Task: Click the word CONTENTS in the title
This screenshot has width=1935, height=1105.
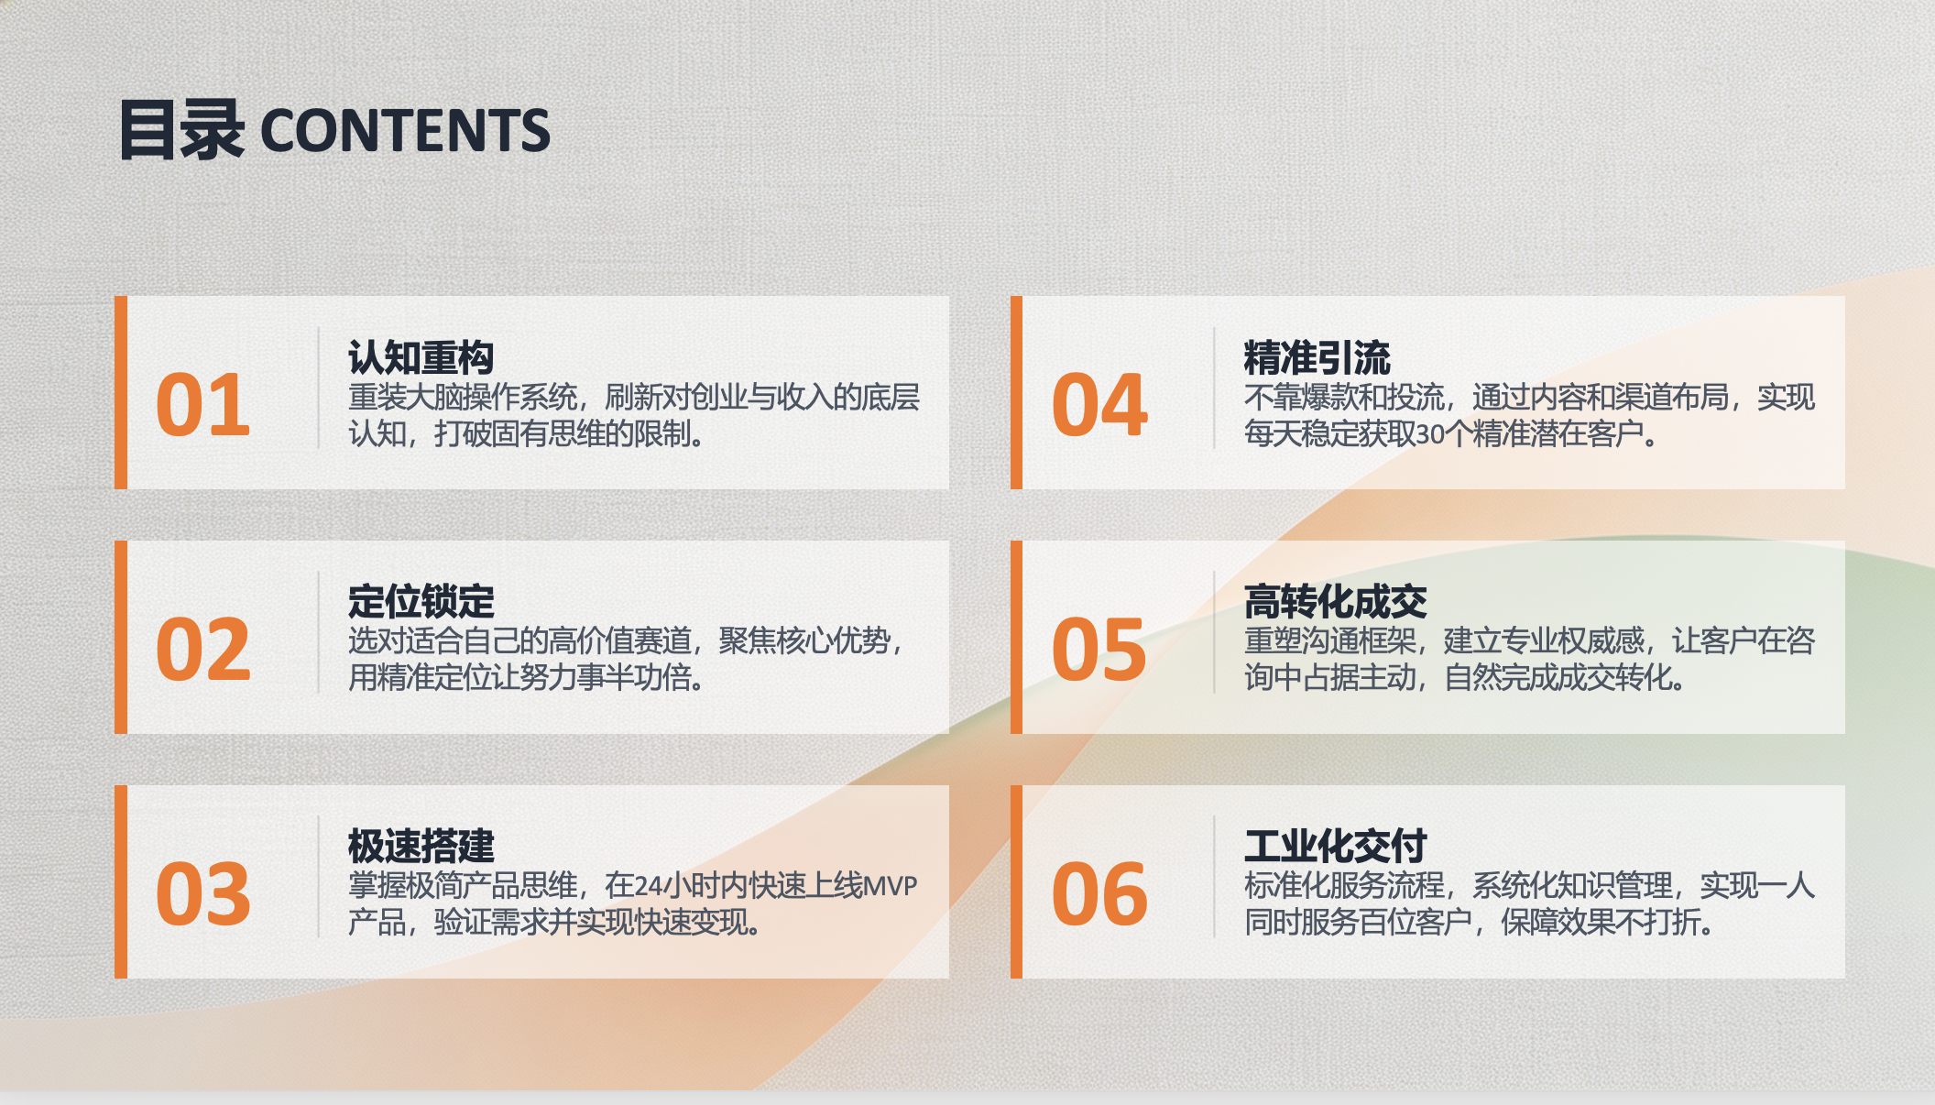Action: pos(405,130)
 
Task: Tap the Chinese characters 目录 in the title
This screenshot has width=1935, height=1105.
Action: pos(181,130)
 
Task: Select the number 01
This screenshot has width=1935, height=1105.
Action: pos(202,405)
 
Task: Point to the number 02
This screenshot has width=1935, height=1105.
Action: pos(202,649)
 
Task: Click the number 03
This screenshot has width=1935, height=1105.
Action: pos(202,893)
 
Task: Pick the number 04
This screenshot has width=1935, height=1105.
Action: pos(1099,405)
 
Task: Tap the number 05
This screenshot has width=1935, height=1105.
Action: pos(1099,649)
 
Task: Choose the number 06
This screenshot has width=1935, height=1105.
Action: pos(1099,893)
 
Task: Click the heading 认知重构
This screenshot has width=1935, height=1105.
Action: pos(421,357)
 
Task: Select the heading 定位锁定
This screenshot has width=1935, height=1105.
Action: pos(421,602)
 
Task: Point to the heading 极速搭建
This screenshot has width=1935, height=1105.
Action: pos(421,846)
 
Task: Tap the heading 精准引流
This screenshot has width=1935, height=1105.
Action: pos(1317,357)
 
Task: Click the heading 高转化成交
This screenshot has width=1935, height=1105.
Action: pos(1335,602)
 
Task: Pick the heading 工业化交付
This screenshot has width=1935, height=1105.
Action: pos(1335,846)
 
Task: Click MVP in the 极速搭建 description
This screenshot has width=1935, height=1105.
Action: pos(890,886)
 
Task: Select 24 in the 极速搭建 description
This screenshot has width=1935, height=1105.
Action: pos(648,886)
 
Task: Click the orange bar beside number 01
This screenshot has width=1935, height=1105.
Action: pos(121,392)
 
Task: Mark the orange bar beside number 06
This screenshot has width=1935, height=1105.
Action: pos(1016,881)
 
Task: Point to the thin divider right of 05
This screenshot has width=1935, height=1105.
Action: pos(1214,632)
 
